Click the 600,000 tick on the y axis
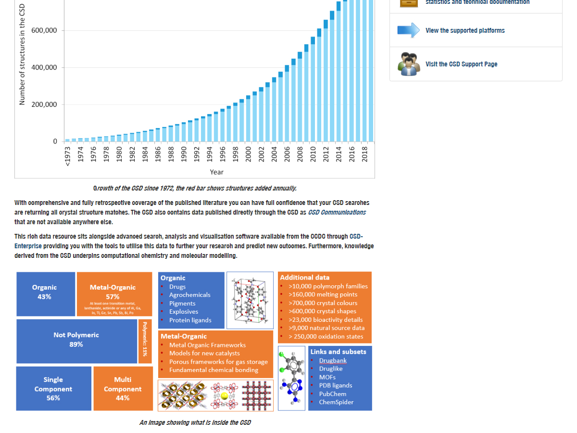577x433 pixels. (x=44, y=31)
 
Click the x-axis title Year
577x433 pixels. (x=216, y=172)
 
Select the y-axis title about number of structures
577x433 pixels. (x=22, y=58)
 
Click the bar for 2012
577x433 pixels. (x=326, y=82)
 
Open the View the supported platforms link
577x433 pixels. (x=465, y=30)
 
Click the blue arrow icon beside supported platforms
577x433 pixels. (x=409, y=30)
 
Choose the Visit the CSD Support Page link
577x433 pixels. (x=461, y=64)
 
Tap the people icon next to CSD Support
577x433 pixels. (x=409, y=64)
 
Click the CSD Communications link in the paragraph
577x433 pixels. (x=337, y=212)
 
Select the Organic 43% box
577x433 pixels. (x=45, y=293)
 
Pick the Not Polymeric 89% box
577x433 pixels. (x=76, y=340)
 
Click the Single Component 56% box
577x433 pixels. (x=53, y=389)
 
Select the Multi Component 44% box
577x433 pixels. (x=123, y=389)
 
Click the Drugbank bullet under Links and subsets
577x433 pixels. (x=333, y=360)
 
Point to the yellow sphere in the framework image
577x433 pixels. (x=224, y=395)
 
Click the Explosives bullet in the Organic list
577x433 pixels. (x=184, y=312)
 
